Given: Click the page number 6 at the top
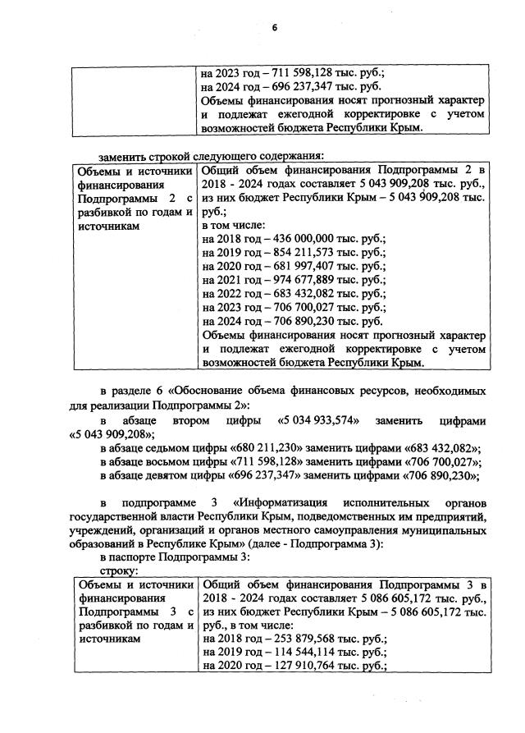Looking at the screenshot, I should point(276,28).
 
